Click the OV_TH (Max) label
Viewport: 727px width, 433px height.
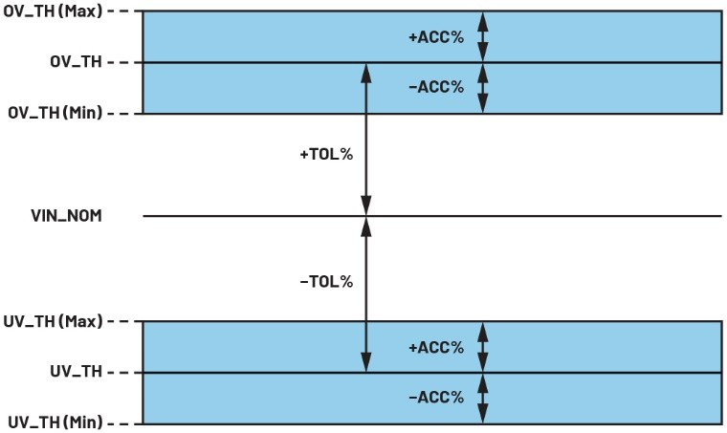[53, 11]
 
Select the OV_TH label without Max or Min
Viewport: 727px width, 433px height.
[76, 61]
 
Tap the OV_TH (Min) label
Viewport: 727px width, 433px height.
[55, 113]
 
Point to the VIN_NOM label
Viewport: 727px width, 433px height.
[66, 216]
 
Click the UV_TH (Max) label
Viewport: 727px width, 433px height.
[53, 321]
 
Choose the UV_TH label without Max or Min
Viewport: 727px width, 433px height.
[76, 372]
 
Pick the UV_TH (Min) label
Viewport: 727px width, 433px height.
[55, 422]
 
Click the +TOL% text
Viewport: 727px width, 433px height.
[326, 154]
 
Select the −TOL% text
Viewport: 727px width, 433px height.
[326, 282]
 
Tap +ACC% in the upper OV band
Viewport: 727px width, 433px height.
[436, 37]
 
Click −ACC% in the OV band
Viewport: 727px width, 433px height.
[436, 87]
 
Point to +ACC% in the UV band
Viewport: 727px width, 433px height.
[436, 347]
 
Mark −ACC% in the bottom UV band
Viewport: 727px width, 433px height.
[436, 397]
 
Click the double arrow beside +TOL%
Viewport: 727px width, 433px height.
[366, 139]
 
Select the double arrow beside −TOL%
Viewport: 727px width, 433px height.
[366, 294]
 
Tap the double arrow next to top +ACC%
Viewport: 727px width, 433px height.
[483, 36]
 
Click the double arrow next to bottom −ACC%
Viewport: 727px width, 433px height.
[483, 399]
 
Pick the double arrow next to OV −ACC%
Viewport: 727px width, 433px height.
[483, 88]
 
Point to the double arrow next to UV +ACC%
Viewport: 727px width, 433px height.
[483, 347]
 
